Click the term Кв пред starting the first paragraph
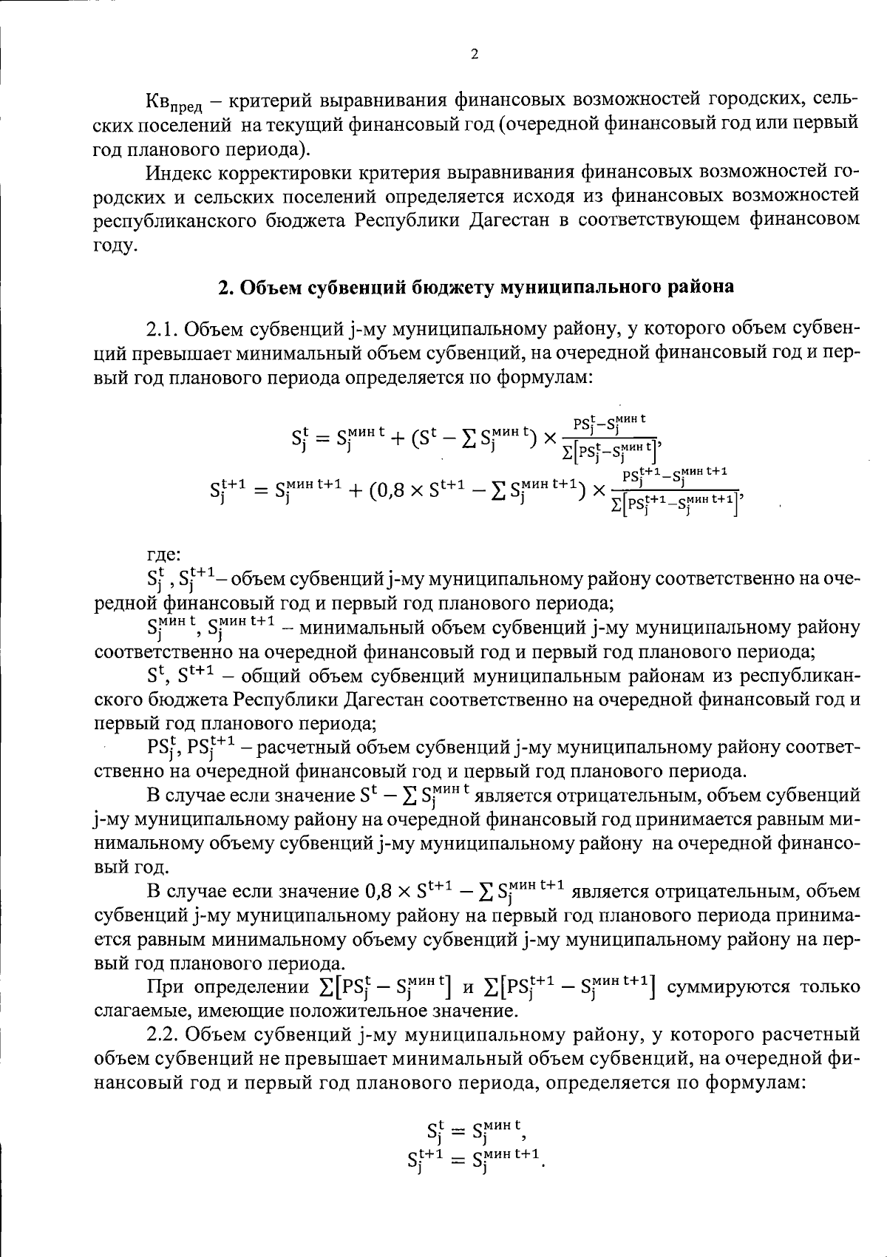[x=171, y=101]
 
